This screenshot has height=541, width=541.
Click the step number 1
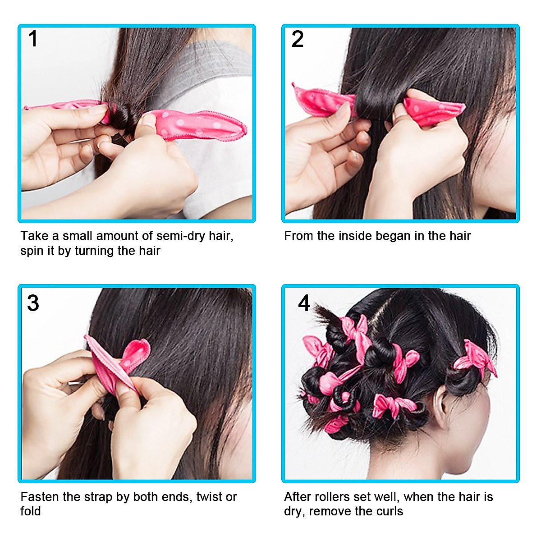[x=33, y=39]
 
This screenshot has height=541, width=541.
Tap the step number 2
[x=297, y=39]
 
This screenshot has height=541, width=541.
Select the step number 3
[x=33, y=303]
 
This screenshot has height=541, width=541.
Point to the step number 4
[x=304, y=303]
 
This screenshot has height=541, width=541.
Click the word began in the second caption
[x=393, y=236]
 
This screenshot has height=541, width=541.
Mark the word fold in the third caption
[x=30, y=511]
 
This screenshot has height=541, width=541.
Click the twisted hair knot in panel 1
[x=119, y=118]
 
